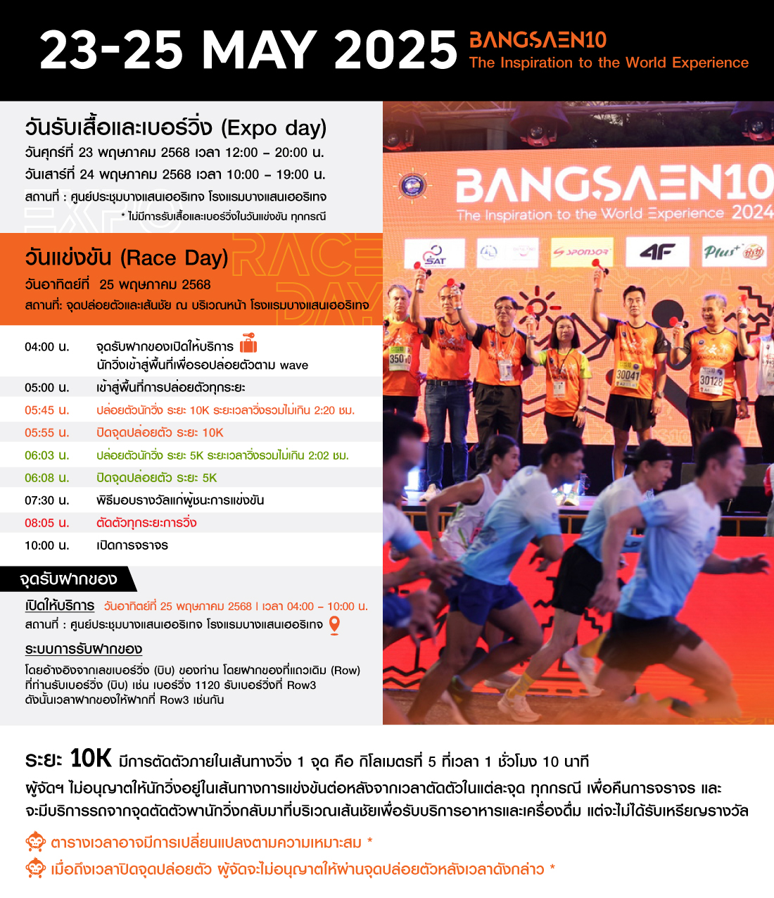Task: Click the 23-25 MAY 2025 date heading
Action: [248, 50]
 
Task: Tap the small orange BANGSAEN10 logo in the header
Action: [538, 39]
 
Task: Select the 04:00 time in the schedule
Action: [46, 347]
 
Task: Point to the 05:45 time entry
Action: [46, 410]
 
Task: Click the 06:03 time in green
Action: [46, 455]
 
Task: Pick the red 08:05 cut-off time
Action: [46, 523]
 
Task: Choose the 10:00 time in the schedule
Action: [46, 545]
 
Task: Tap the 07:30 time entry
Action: [46, 500]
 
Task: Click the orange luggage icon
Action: [248, 343]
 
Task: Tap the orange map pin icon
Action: [335, 624]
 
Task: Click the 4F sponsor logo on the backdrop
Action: [657, 252]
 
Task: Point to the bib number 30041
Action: [628, 375]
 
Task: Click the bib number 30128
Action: [711, 381]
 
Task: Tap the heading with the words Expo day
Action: [176, 128]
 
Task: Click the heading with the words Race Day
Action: [127, 258]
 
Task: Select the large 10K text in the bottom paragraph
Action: [91, 759]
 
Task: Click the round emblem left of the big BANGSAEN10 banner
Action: [412, 186]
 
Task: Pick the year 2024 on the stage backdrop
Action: [752, 212]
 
